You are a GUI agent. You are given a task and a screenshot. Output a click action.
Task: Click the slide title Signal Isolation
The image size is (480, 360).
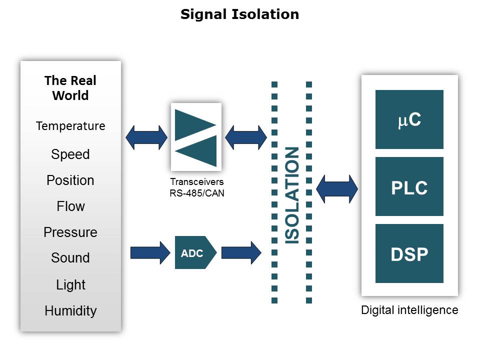[x=239, y=14]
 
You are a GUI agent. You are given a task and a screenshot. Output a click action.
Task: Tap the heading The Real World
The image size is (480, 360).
[x=70, y=88]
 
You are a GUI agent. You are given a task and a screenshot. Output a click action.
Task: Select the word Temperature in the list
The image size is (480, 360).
[x=70, y=126]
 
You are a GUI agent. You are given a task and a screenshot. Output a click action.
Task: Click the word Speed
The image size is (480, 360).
[x=70, y=154]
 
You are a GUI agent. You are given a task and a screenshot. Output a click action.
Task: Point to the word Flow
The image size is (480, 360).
[x=70, y=206]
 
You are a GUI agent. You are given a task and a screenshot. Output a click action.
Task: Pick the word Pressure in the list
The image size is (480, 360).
[x=70, y=232]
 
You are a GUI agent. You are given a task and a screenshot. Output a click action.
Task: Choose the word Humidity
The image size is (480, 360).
[x=70, y=311]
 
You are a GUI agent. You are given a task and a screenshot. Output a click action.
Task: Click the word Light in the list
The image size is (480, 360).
[x=70, y=285]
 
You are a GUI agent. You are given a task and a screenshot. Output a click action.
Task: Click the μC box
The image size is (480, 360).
[x=409, y=120]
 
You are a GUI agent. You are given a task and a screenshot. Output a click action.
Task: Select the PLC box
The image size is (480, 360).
[x=409, y=187]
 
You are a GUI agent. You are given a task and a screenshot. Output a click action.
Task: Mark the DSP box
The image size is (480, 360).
[x=409, y=254]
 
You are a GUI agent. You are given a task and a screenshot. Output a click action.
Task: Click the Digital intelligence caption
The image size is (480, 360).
[x=409, y=310]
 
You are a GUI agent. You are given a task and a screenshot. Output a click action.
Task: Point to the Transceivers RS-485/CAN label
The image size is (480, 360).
[x=197, y=187]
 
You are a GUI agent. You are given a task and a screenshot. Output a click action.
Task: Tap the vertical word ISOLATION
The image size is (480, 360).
[x=291, y=195]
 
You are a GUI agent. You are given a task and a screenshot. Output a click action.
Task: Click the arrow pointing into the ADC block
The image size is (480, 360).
[x=150, y=253]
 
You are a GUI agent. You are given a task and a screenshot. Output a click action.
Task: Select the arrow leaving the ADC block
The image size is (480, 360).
[x=241, y=253]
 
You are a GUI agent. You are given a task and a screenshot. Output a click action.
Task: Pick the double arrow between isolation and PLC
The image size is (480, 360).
[x=337, y=189]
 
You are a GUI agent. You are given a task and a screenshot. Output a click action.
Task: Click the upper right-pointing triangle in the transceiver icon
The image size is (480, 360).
[x=192, y=124]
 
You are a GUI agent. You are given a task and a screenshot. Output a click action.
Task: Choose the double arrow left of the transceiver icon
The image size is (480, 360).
[x=146, y=137]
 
